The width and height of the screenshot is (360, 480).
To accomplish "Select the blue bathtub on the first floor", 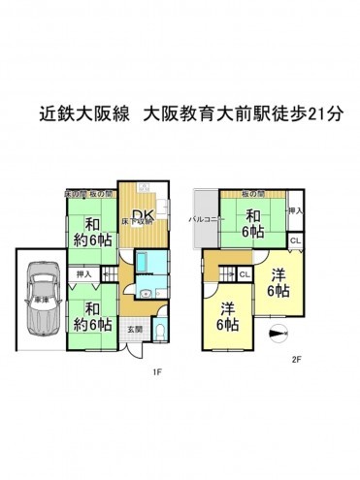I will click(x=146, y=262).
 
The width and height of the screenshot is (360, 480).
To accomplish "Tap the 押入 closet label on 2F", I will click(x=297, y=209).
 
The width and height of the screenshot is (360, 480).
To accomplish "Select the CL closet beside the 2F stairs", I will click(x=245, y=274).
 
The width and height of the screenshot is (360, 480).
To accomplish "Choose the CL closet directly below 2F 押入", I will click(x=296, y=240).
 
